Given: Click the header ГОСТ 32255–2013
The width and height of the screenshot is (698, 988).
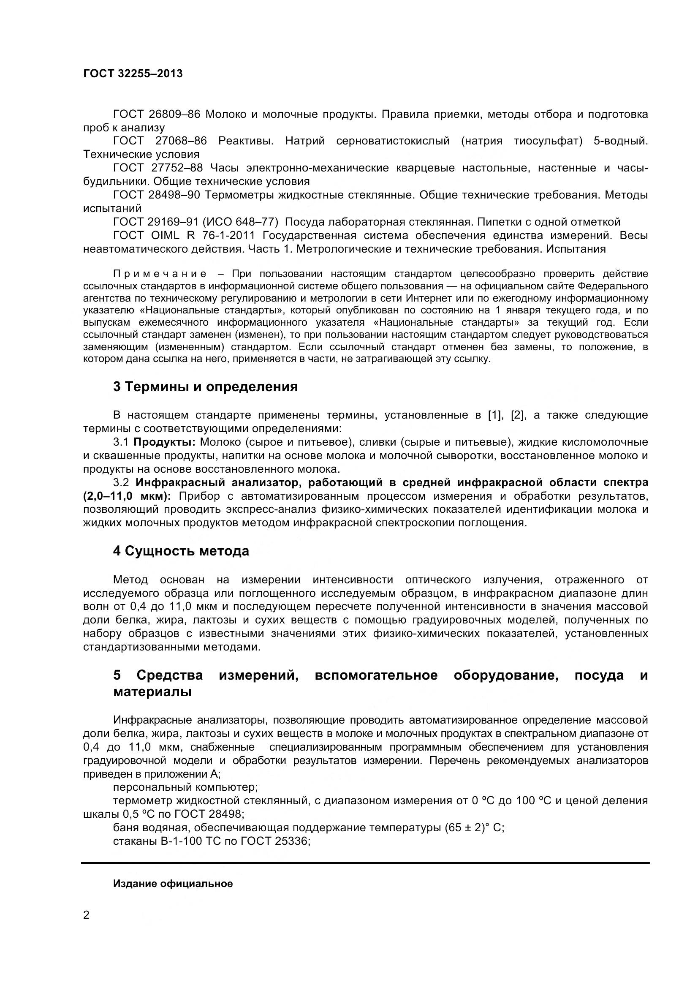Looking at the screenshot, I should coord(133,73).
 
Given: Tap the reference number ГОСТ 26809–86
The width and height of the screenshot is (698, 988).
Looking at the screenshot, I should coord(157,114).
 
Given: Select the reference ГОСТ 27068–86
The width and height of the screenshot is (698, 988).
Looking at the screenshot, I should coord(160,141).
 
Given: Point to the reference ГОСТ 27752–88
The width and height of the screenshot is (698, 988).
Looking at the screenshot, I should coord(158,168).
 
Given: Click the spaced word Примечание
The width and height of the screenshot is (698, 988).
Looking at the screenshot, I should coord(160,274).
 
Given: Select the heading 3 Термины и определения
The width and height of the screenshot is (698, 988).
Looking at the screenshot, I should coord(205,386).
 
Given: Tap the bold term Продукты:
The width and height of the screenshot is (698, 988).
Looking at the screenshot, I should coord(165,442).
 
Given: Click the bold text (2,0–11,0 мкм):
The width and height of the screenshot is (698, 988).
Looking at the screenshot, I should coord(127,496).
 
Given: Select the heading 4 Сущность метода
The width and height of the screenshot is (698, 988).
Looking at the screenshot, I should coord(181,551).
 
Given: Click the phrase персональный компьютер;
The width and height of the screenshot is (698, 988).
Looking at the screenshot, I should coord(185,787).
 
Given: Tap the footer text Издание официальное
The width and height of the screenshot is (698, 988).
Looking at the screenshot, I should coord(172,883).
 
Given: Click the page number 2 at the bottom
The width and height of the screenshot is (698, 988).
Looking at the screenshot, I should coord(87,915).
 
